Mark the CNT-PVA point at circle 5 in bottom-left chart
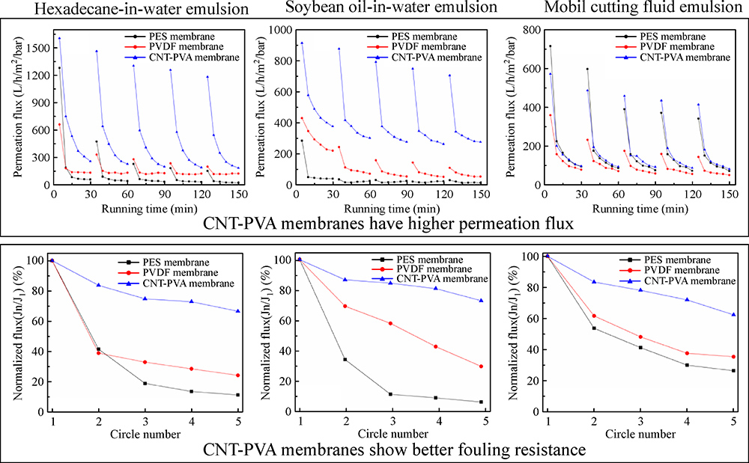click(238, 311)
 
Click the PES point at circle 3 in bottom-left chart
click(145, 383)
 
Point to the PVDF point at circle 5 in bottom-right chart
click(733, 357)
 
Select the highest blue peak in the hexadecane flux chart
click(59, 38)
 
